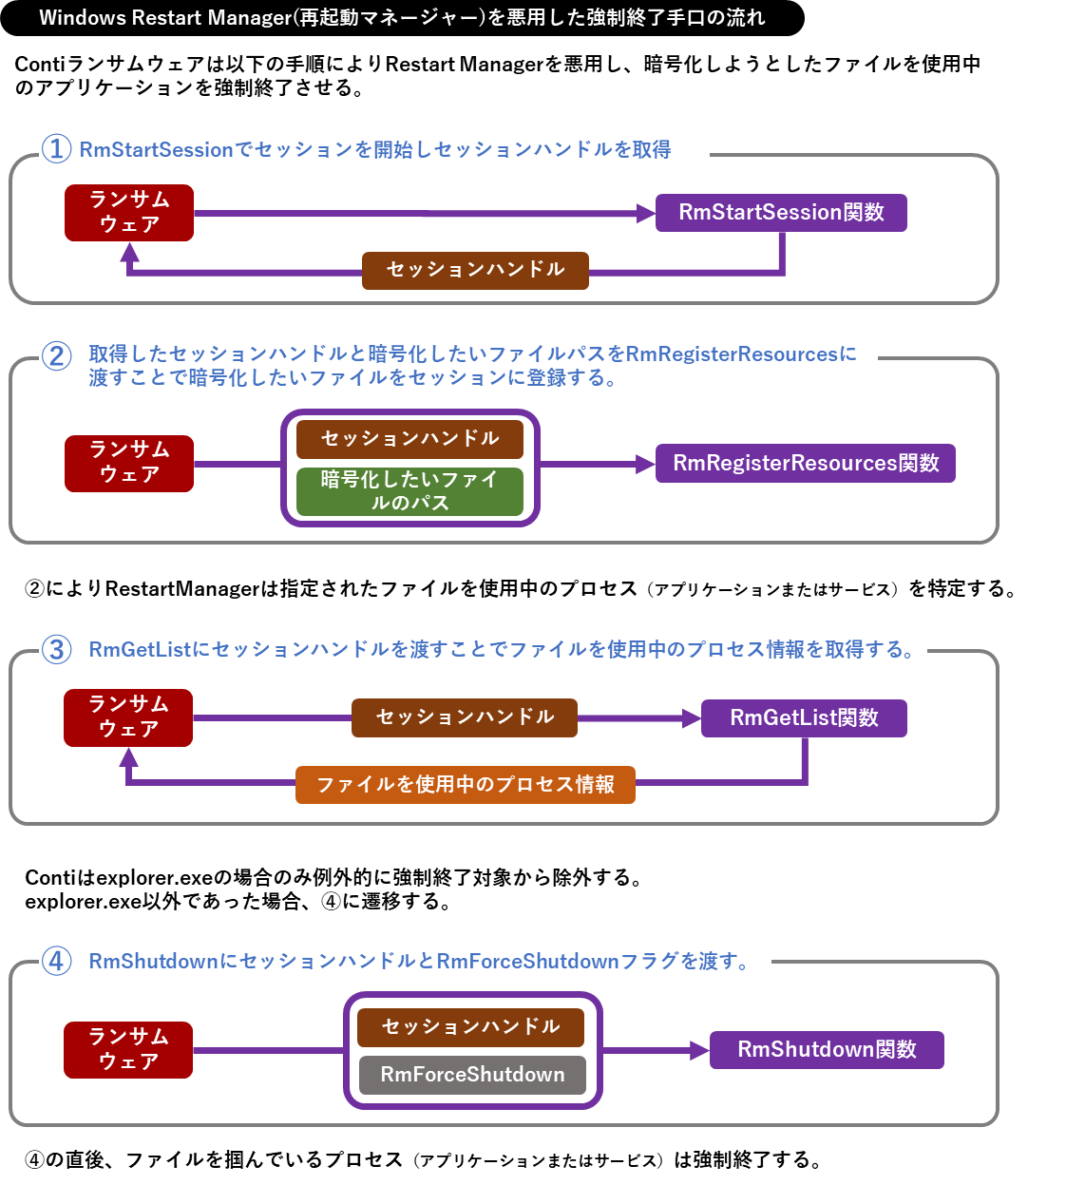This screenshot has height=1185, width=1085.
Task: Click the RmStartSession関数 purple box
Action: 781,213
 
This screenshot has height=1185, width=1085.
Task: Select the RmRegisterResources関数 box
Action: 805,464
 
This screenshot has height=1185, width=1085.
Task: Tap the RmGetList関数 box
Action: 804,718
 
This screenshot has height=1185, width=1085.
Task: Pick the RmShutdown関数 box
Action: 827,1050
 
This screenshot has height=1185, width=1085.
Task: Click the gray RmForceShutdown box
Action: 472,1075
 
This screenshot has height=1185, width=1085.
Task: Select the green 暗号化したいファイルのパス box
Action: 409,491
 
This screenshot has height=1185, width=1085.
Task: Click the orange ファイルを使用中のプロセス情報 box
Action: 466,785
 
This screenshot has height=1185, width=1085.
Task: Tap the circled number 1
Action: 57,149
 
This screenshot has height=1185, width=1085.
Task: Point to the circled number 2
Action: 57,355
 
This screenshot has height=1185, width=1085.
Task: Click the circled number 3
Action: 57,650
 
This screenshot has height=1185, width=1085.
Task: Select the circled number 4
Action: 57,961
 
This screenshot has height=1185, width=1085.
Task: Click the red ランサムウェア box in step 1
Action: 129,213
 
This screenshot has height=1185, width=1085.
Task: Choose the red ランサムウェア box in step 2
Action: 129,464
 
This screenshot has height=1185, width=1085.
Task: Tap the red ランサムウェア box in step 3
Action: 128,717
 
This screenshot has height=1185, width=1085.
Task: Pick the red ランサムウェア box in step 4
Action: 128,1050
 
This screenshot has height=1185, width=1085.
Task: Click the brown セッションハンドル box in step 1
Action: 475,271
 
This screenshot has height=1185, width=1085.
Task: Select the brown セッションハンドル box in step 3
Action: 465,717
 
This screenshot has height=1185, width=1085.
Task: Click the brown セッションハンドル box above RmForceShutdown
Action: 470,1027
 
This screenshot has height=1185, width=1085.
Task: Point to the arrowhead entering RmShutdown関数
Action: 700,1050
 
